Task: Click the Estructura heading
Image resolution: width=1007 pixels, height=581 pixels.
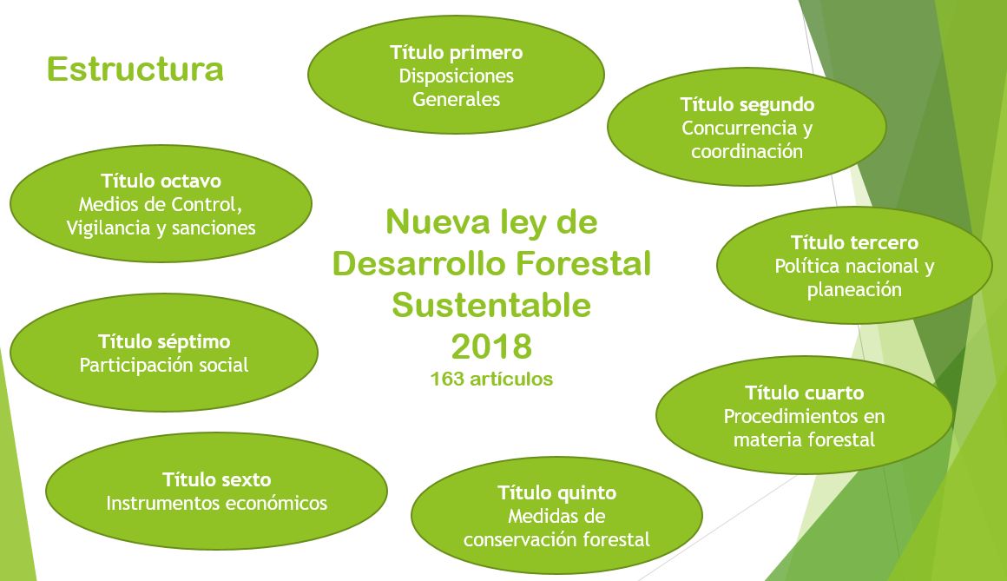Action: (135, 69)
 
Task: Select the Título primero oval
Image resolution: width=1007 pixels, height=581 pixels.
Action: (456, 75)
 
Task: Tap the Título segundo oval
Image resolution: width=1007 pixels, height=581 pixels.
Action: (747, 128)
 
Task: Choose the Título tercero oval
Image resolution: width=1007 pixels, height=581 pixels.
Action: (854, 265)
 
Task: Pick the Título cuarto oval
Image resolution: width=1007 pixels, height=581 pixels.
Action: (804, 415)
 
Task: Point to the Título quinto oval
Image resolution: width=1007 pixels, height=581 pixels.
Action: (556, 516)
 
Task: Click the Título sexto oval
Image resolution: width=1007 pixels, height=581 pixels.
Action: (216, 491)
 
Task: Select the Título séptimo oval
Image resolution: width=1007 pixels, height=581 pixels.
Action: (164, 353)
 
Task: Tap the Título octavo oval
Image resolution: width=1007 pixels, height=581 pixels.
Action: (161, 203)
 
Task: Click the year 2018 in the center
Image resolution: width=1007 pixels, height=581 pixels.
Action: (492, 347)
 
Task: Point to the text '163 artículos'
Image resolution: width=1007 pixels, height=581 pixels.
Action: (491, 380)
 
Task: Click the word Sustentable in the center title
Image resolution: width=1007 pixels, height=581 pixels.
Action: (491, 305)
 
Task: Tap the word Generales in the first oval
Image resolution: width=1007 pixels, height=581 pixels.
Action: (456, 100)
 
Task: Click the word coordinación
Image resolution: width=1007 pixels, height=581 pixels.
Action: (747, 152)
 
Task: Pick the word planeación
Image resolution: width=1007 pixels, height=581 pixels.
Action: (854, 290)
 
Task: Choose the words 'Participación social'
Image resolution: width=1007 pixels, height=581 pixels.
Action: (164, 365)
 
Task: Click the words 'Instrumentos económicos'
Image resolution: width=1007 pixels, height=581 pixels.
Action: (216, 503)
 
